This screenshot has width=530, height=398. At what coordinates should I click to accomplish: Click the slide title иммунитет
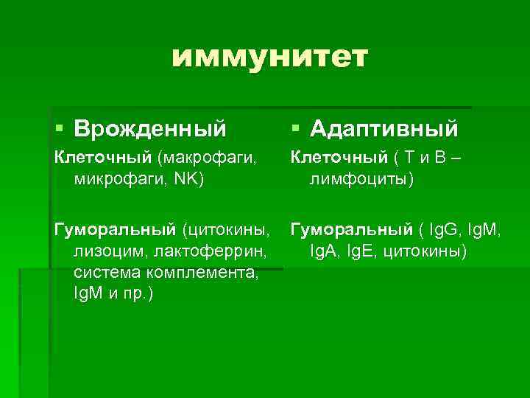[269, 57]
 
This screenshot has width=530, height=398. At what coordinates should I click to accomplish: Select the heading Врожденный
[150, 130]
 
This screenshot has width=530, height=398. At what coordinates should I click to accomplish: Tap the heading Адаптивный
[384, 130]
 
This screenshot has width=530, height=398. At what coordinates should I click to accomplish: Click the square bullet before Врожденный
[60, 130]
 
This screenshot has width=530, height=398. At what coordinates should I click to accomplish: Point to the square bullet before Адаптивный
[295, 130]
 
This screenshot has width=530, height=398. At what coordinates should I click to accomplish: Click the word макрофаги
[210, 157]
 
